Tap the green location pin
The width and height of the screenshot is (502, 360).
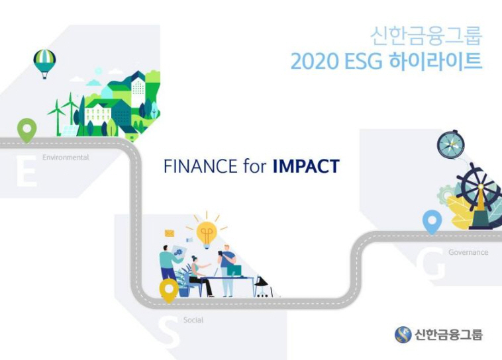click(x=27, y=130)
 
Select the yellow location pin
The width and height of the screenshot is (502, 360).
click(x=169, y=290)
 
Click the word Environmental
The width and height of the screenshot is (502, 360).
click(x=66, y=157)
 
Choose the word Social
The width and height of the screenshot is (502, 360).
click(x=193, y=320)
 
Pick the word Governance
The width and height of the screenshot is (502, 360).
click(x=468, y=252)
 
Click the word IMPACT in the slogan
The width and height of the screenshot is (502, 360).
click(x=306, y=166)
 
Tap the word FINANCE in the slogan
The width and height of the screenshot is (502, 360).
click(x=201, y=166)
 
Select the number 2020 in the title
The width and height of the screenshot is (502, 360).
click(x=315, y=61)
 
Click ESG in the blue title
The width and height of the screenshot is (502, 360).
click(x=364, y=61)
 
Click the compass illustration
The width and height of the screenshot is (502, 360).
click(x=451, y=144)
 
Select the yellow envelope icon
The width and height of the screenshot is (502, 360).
click(x=170, y=234)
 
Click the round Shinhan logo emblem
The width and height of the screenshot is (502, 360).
click(x=403, y=335)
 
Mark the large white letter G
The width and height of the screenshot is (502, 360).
click(x=431, y=264)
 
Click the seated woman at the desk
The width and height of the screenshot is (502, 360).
click(x=199, y=276)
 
